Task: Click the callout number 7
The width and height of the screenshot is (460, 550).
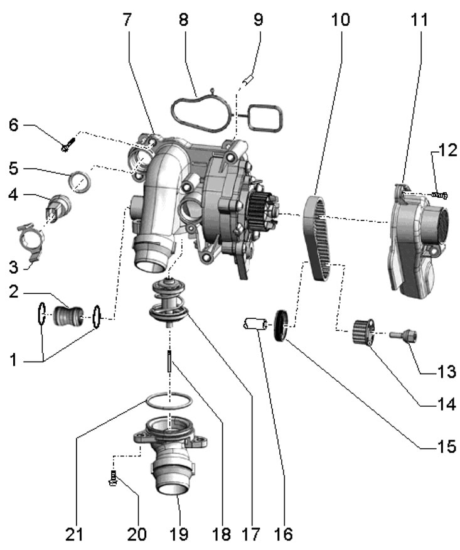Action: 127,19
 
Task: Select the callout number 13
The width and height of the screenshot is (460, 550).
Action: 447,372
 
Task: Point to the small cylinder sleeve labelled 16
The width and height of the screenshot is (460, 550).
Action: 254,325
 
